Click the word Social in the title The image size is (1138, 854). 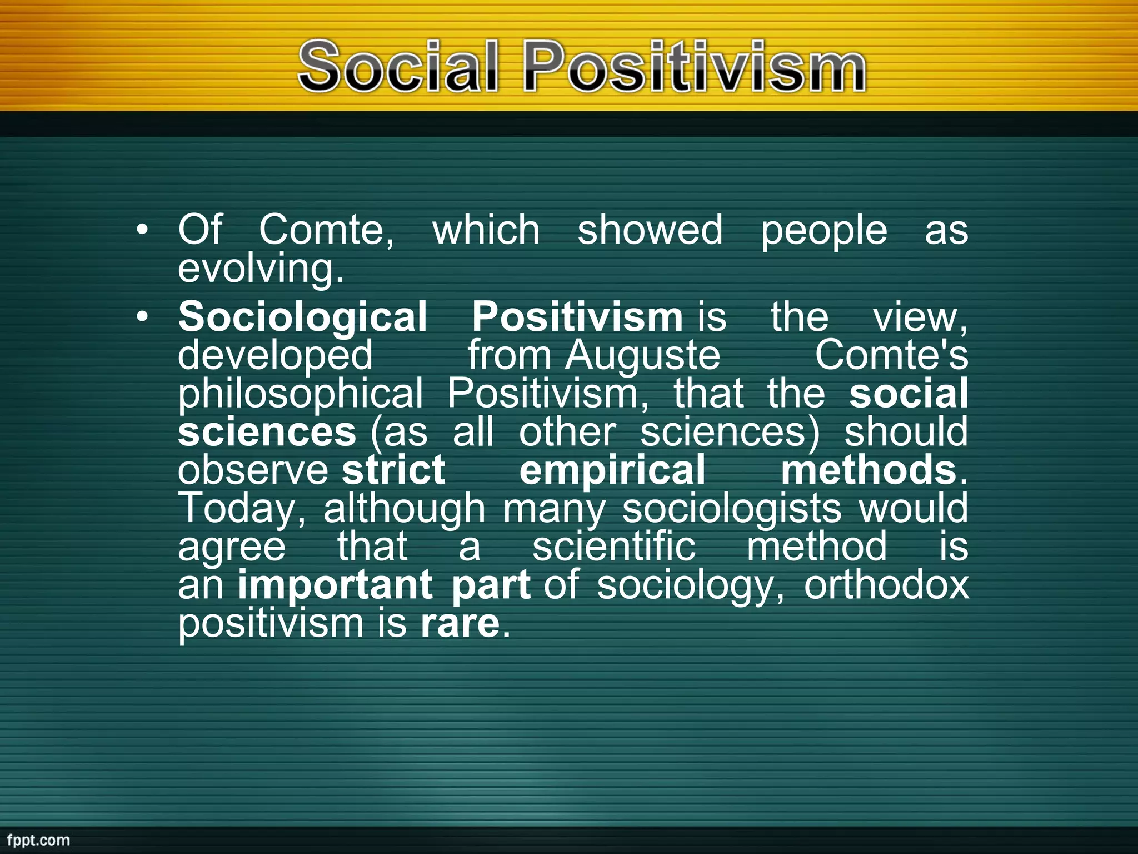point(397,67)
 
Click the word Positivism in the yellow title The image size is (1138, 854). point(694,67)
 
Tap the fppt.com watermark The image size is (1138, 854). point(38,840)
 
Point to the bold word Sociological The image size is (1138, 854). point(302,317)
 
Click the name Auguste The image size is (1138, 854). point(642,356)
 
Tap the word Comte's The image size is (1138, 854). point(891,356)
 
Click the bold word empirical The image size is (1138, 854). point(612,470)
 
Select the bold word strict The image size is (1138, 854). point(393,470)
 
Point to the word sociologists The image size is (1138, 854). point(731,509)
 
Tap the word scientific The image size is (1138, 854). point(613,547)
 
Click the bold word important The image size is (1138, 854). point(335,585)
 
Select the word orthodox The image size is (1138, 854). point(886,585)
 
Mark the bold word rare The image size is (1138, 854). point(460,624)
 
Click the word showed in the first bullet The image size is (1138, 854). point(650,230)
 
